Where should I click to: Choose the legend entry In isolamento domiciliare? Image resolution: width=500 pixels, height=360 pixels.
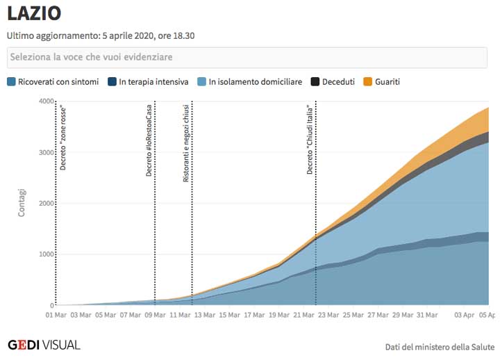(250, 82)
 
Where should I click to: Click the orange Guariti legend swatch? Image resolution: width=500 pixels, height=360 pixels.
(368, 82)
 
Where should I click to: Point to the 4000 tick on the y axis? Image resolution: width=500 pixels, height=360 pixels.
(46, 101)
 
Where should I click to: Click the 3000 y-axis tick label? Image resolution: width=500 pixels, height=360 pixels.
(46, 152)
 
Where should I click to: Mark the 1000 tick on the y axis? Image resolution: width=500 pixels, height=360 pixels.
(46, 254)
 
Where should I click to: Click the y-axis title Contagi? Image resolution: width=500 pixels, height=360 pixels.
(22, 203)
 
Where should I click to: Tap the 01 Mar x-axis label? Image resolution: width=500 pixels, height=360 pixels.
(57, 315)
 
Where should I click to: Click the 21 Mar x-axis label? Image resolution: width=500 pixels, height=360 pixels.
(303, 315)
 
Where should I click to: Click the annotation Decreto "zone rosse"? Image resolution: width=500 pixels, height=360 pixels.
(63, 139)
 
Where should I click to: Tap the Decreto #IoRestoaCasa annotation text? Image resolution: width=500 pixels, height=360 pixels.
(149, 140)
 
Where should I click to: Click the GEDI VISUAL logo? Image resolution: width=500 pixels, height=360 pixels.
(44, 345)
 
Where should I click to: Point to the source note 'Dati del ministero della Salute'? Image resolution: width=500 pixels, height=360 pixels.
(440, 346)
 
